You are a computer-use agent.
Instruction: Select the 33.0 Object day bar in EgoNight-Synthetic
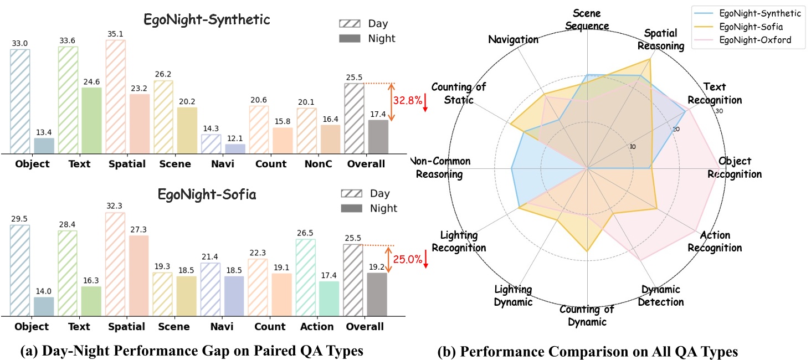pyautogui.click(x=20, y=101)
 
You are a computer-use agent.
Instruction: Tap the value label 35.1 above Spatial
pyautogui.click(x=115, y=34)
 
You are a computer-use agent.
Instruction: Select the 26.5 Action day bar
pyautogui.click(x=306, y=277)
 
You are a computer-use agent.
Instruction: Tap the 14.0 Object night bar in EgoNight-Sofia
pyautogui.click(x=44, y=307)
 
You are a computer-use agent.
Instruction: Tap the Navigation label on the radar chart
pyautogui.click(x=514, y=39)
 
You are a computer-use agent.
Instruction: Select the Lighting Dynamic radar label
pyautogui.click(x=514, y=296)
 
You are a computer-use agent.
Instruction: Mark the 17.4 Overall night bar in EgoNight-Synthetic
pyautogui.click(x=378, y=136)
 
